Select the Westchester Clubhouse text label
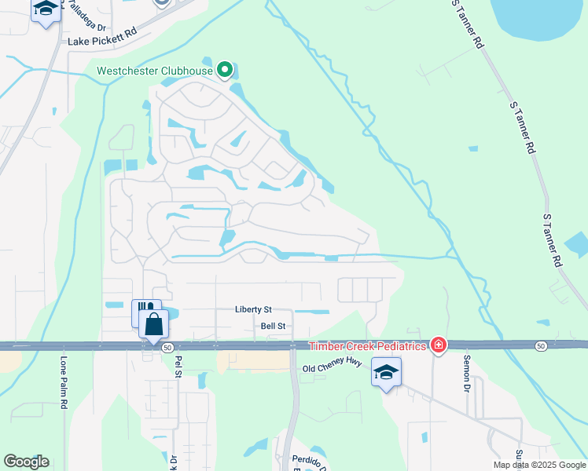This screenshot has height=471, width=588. [155, 71]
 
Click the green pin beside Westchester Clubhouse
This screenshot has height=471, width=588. [226, 71]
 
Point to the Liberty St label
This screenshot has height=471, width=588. [252, 310]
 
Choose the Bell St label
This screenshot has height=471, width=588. [274, 325]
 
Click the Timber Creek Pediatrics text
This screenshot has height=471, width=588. [367, 346]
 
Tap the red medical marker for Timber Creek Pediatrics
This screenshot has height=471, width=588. [439, 345]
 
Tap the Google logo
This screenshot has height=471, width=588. [26, 462]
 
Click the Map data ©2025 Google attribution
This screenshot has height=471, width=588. [539, 465]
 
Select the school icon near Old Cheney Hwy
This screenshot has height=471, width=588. [387, 372]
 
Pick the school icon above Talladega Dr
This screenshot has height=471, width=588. [46, 10]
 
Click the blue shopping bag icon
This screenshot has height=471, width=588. [154, 323]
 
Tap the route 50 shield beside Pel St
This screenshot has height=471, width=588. [167, 346]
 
